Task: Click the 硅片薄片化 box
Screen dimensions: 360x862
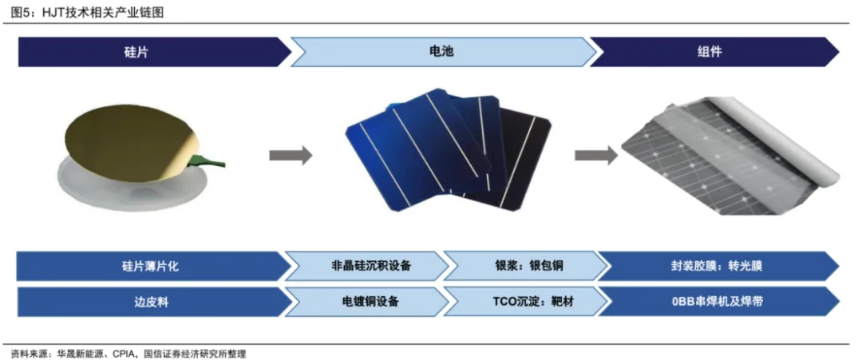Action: (x=148, y=266)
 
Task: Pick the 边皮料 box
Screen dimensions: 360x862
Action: (x=148, y=303)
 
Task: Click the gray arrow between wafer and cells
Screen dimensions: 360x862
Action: (x=290, y=156)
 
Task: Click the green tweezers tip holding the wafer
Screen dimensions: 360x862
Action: (x=214, y=163)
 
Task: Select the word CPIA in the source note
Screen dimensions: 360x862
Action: (x=121, y=353)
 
